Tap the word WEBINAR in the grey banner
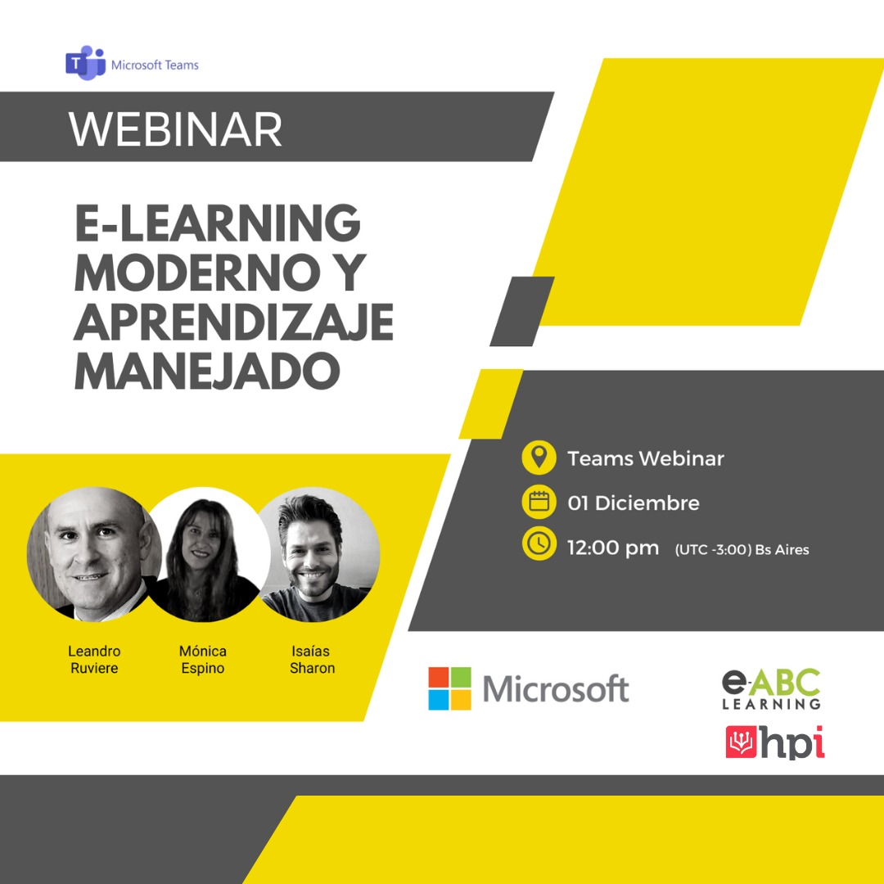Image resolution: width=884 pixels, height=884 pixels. point(176,129)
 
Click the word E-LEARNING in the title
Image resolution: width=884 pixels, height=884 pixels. point(218,223)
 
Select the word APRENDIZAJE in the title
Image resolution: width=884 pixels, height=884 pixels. point(234,321)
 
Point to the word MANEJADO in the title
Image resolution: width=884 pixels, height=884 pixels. point(207,370)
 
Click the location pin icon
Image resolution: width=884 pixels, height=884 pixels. point(539,458)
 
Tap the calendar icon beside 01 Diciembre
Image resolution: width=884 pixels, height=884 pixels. point(539,502)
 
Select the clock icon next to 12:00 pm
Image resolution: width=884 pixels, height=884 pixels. point(539,545)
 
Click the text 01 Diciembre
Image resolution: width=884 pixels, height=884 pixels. point(634,503)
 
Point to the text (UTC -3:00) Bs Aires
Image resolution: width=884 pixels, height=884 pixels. point(742,549)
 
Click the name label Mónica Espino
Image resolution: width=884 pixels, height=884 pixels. point(203,660)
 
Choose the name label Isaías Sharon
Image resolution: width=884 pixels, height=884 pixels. point(312,660)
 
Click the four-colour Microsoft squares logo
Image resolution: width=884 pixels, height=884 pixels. point(449,688)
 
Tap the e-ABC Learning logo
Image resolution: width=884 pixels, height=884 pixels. point(771,688)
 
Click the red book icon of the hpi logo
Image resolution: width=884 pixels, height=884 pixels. point(742,742)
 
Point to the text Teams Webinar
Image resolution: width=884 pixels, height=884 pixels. point(646,458)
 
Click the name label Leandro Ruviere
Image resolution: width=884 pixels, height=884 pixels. point(94,660)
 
